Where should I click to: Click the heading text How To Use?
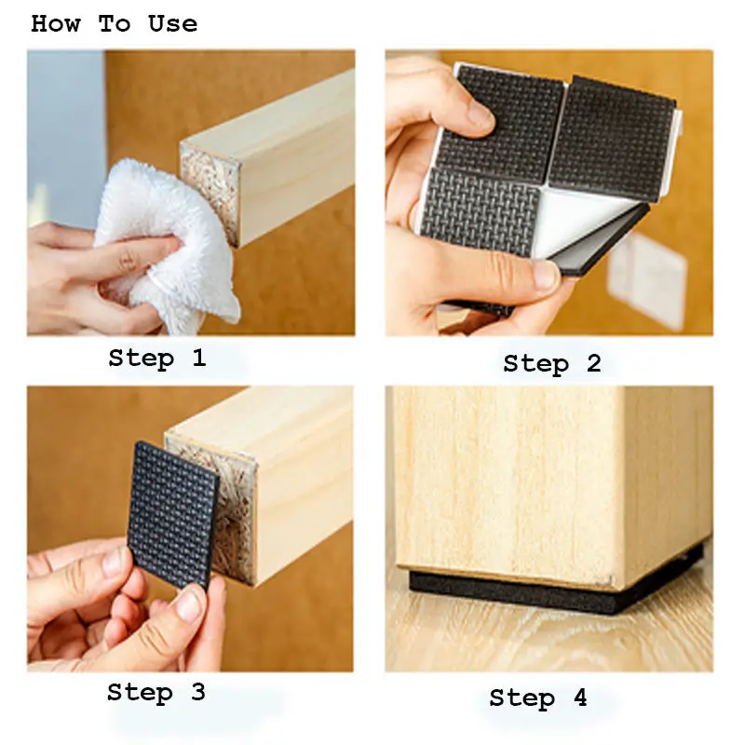(114, 24)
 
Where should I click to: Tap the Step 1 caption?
(157, 358)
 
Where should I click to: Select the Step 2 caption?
(552, 364)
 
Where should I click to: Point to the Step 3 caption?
(156, 692)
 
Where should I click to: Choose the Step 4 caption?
(538, 698)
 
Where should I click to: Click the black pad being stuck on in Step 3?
(172, 513)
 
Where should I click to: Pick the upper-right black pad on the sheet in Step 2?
(613, 138)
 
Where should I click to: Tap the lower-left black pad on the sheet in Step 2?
(480, 211)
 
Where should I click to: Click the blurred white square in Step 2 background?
(647, 280)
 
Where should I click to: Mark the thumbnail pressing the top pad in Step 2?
(481, 116)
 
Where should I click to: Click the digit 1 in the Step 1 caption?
(199, 358)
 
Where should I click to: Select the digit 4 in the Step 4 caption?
(580, 698)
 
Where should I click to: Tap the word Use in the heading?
(173, 24)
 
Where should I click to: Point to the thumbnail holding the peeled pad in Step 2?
(547, 276)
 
